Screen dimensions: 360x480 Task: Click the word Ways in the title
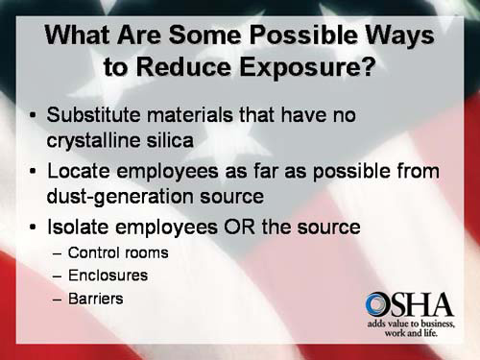[396, 36]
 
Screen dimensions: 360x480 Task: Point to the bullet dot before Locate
[36, 172]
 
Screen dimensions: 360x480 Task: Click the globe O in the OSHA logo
[378, 305]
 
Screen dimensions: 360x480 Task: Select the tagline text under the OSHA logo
[409, 329]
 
